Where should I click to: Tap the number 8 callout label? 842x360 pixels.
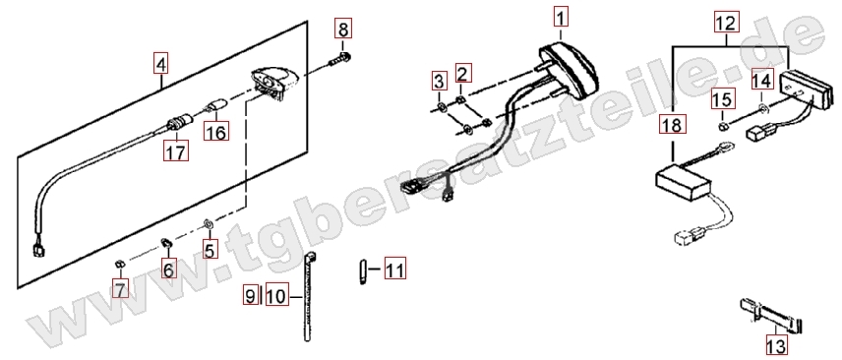click(x=343, y=28)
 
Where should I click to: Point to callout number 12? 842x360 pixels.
click(x=726, y=23)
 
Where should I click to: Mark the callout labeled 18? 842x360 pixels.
click(x=672, y=126)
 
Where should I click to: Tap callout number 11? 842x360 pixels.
click(x=394, y=269)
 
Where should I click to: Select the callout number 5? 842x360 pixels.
click(x=210, y=249)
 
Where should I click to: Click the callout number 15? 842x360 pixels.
click(x=723, y=100)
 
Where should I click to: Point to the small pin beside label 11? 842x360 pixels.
click(x=362, y=272)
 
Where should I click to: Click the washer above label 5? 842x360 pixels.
click(x=209, y=222)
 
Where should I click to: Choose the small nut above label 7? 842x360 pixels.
click(x=120, y=264)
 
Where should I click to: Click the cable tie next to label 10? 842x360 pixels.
click(x=308, y=297)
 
